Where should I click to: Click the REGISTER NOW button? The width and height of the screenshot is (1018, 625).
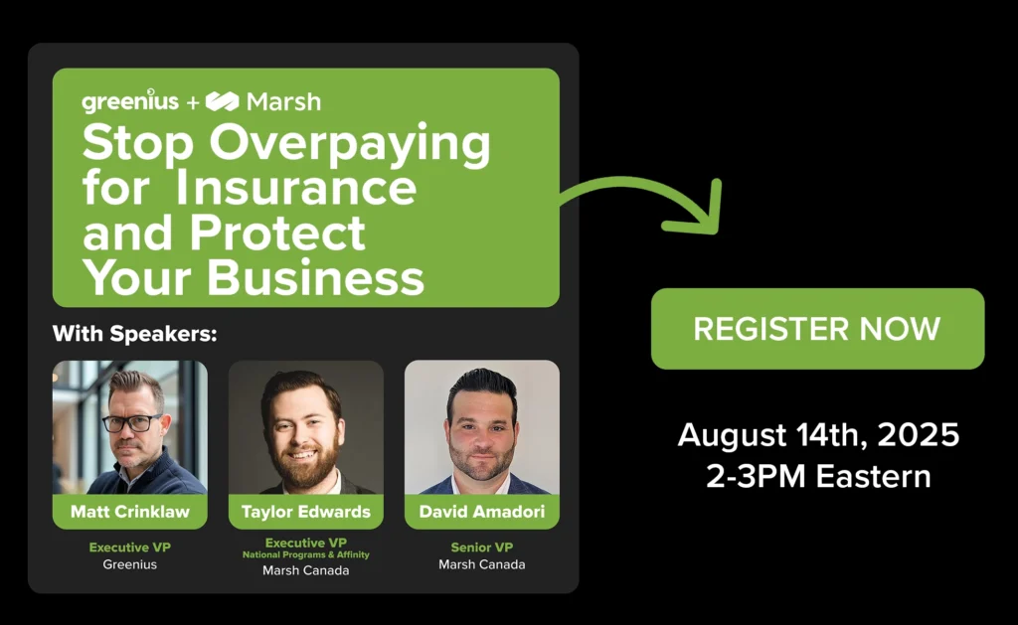tap(817, 329)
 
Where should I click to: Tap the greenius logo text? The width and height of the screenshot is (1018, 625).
tap(130, 100)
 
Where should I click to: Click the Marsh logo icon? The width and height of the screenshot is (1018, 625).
tap(222, 101)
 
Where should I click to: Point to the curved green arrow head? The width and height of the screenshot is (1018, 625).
tap(696, 211)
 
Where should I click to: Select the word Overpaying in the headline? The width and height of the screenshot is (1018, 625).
tap(349, 144)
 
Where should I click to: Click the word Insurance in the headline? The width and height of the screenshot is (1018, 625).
tap(296, 187)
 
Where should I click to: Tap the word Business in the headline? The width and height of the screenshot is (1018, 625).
tap(315, 277)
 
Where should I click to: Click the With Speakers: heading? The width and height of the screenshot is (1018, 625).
tap(134, 334)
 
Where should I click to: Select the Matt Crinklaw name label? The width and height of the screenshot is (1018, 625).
tap(130, 512)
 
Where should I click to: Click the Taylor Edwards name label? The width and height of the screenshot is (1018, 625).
tap(306, 512)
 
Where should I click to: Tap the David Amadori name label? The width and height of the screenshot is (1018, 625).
tap(482, 512)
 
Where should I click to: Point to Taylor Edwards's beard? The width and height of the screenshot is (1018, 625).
tap(305, 466)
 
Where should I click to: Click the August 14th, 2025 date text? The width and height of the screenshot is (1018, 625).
tap(818, 435)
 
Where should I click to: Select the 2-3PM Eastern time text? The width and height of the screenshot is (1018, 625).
tap(818, 476)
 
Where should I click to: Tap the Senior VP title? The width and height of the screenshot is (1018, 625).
tap(482, 547)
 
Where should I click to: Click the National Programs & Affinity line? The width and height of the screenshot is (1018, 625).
tap(306, 554)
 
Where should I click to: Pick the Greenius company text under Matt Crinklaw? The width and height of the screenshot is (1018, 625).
tap(130, 564)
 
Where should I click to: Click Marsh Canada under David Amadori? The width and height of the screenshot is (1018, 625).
tap(482, 564)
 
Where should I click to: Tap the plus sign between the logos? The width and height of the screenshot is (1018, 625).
tap(193, 102)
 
